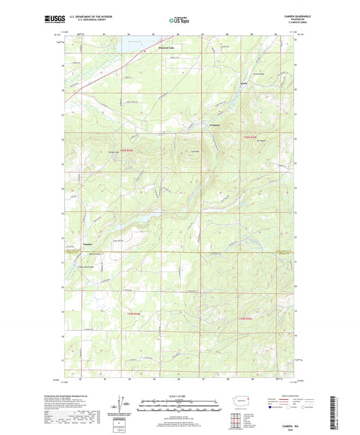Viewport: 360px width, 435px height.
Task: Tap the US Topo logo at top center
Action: pos(178,20)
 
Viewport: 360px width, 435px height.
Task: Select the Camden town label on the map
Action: pos(88,243)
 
